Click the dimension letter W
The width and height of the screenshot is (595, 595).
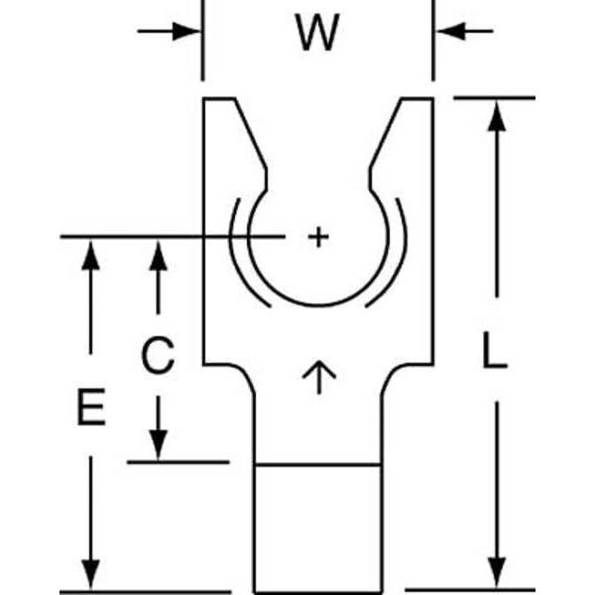[317, 35]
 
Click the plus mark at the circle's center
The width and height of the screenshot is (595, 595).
[317, 236]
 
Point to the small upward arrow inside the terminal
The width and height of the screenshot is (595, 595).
[318, 377]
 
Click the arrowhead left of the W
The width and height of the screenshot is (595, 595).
[188, 31]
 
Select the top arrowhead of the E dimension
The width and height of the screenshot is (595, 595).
[90, 253]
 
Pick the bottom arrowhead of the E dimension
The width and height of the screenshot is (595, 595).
[90, 573]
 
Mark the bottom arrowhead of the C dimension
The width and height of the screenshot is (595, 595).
[157, 446]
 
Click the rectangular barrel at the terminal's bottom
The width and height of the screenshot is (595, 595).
[317, 526]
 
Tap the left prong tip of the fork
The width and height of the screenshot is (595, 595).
[220, 100]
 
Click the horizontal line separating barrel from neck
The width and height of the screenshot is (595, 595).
[317, 463]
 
